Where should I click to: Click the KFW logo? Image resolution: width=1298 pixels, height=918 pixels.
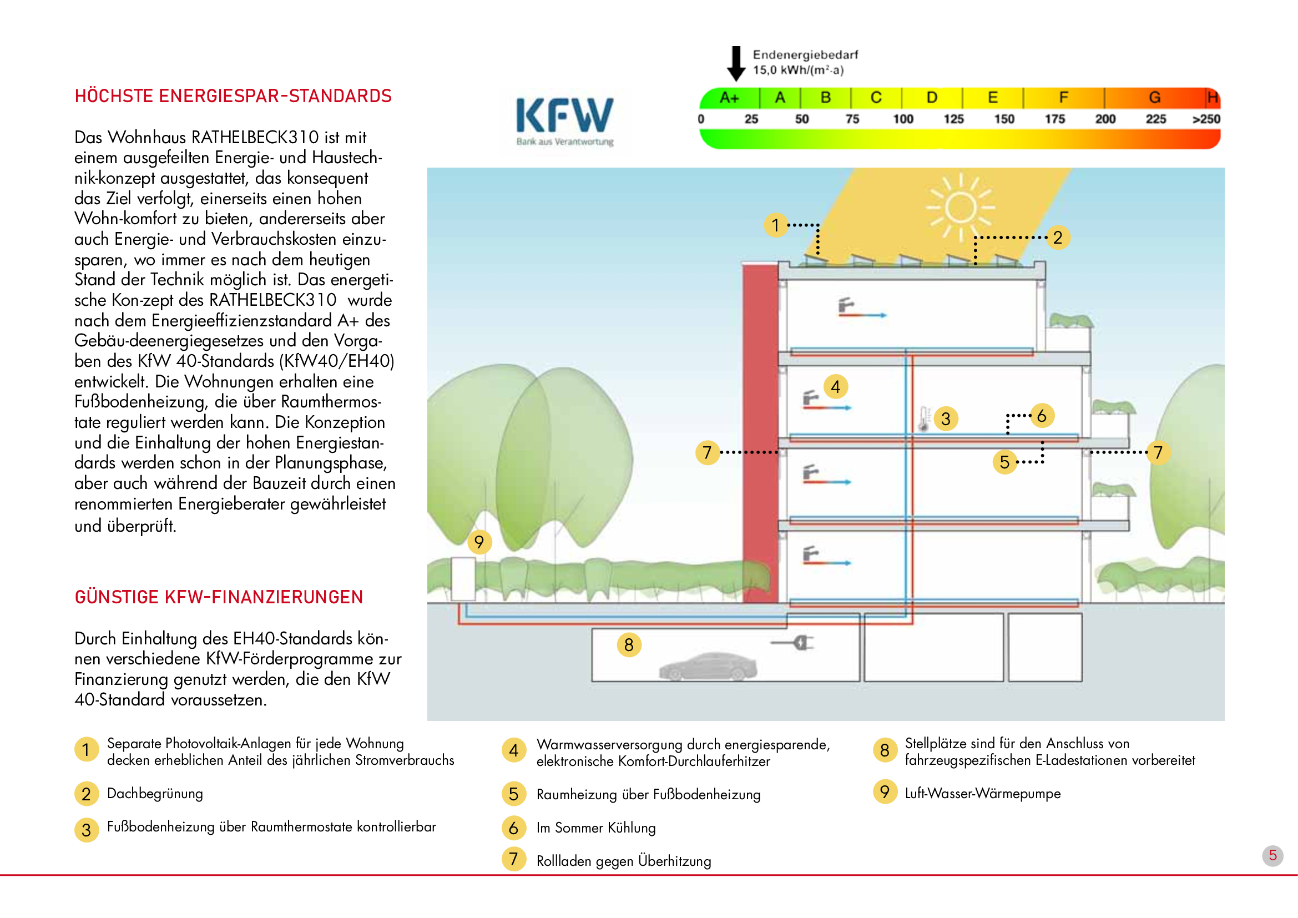[564, 120]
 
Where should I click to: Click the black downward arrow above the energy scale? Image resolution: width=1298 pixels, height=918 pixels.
[735, 63]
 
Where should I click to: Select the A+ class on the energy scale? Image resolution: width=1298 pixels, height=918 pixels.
[729, 98]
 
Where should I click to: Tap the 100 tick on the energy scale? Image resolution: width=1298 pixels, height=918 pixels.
[903, 119]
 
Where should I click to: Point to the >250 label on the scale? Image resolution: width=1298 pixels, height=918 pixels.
[1206, 119]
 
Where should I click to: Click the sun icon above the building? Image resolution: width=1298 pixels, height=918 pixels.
[960, 208]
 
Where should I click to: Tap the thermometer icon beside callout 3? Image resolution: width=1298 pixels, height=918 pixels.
[924, 419]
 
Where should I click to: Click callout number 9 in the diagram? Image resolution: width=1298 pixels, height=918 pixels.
[479, 542]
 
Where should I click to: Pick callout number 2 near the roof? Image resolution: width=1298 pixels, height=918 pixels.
[1057, 238]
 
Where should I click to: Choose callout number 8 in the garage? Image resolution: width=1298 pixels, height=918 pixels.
[629, 644]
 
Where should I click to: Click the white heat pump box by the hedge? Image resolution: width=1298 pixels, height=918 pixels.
[462, 578]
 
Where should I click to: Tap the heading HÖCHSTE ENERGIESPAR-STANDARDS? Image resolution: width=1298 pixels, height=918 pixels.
[233, 96]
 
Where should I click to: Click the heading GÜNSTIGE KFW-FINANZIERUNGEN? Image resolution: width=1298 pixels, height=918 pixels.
[219, 597]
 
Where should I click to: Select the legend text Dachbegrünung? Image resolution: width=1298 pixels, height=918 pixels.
[155, 793]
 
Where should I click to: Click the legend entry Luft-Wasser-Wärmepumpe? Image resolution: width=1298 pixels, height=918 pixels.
[983, 793]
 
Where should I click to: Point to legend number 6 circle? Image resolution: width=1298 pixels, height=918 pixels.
[513, 828]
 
